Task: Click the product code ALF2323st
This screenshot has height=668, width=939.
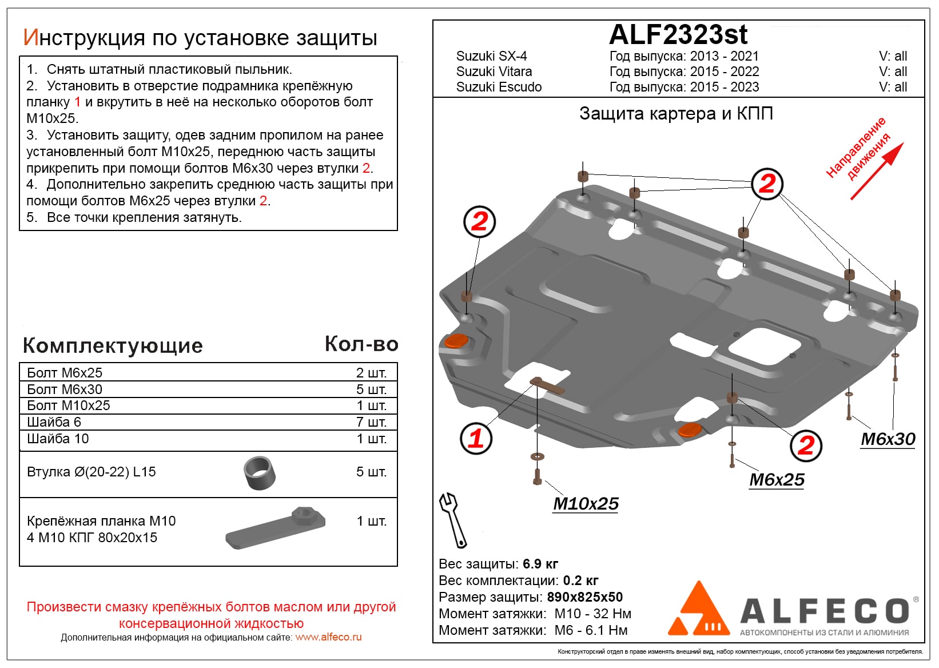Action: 678,35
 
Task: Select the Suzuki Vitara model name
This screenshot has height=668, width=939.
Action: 494,71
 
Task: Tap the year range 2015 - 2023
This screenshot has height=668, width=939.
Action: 725,87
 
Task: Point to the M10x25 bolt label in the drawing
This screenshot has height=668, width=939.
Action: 586,504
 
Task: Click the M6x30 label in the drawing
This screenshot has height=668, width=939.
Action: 888,439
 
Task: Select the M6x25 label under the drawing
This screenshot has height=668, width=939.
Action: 777,480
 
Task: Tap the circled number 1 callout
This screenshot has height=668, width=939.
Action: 476,439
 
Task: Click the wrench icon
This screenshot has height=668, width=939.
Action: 452,519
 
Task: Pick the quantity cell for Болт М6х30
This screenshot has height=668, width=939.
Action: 371,389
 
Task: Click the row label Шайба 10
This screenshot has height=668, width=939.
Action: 58,439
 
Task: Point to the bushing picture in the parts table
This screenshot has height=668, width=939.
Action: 260,473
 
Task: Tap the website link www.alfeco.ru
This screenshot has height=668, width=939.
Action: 328,637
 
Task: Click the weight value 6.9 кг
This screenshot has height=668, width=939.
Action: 540,564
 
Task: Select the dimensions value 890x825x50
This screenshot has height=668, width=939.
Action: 584,597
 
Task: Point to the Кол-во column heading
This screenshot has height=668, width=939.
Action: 361,344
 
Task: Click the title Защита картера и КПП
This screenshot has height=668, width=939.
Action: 676,114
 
